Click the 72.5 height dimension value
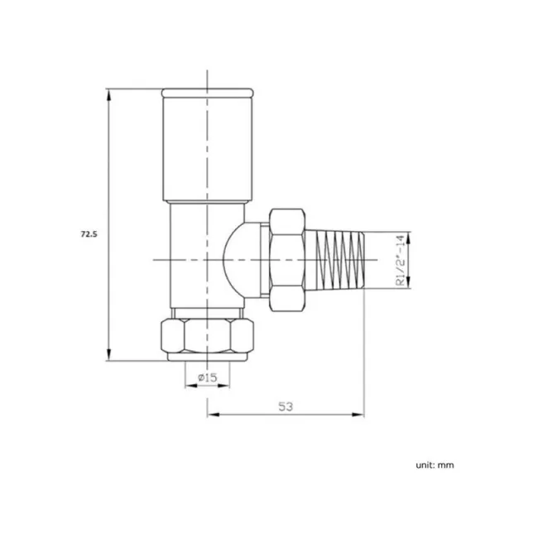point(89,235)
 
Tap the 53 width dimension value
point(286,406)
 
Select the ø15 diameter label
point(207,378)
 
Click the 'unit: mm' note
point(435,465)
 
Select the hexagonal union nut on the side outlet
point(287,259)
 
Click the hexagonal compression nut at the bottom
point(206,334)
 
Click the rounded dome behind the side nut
point(243,259)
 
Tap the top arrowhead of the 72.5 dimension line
point(108,92)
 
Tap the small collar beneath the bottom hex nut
point(207,358)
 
